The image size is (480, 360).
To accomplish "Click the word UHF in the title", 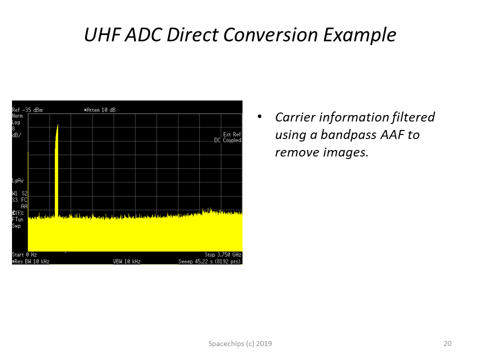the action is [x=102, y=34].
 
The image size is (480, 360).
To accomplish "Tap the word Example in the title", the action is [x=359, y=35].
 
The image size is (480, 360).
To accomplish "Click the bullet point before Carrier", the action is [x=259, y=116].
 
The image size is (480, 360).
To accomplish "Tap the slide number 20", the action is [x=447, y=343].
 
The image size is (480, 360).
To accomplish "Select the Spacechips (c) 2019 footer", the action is [x=240, y=344].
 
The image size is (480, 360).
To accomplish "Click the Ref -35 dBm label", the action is [x=27, y=110].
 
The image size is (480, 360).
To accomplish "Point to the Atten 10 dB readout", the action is [x=100, y=110].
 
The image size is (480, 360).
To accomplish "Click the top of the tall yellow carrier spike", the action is [x=57, y=124].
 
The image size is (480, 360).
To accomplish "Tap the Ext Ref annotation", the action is [x=232, y=134].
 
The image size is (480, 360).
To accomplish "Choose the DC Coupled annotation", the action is [x=228, y=140].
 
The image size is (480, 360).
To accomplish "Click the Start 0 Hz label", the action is [x=24, y=254].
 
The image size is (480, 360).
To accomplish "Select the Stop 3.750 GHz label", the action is [x=223, y=254].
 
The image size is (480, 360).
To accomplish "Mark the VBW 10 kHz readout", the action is [x=126, y=261].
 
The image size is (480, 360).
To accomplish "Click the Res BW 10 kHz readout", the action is [x=31, y=261].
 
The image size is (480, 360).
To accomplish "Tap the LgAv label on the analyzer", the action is [x=18, y=180].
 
